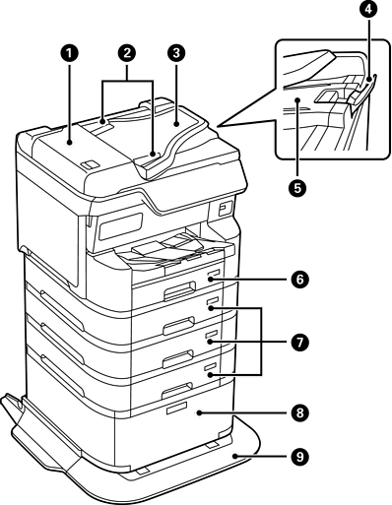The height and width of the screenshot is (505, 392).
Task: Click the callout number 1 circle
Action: point(70,54)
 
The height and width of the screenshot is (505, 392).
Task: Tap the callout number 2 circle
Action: point(127,54)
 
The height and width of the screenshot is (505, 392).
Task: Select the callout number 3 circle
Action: point(176,54)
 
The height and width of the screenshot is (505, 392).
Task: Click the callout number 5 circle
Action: point(297,188)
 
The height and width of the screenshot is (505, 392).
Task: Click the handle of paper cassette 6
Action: point(179,290)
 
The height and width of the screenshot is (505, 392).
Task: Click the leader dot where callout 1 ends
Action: point(70,142)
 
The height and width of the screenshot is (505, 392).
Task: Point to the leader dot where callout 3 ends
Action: point(176,124)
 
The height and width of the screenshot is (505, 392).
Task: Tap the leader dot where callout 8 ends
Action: point(200,413)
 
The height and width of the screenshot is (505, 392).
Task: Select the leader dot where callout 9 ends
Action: point(234,456)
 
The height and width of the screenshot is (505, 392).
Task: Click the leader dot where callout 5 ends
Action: point(297,99)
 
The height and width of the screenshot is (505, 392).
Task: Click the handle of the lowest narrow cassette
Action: point(178,389)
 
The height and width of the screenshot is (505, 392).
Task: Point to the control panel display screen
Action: point(120,226)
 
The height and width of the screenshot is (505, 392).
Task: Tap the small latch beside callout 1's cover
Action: point(90,164)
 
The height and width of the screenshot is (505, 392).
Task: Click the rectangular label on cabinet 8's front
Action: point(176,408)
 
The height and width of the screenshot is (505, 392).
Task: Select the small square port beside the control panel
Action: point(224,209)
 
